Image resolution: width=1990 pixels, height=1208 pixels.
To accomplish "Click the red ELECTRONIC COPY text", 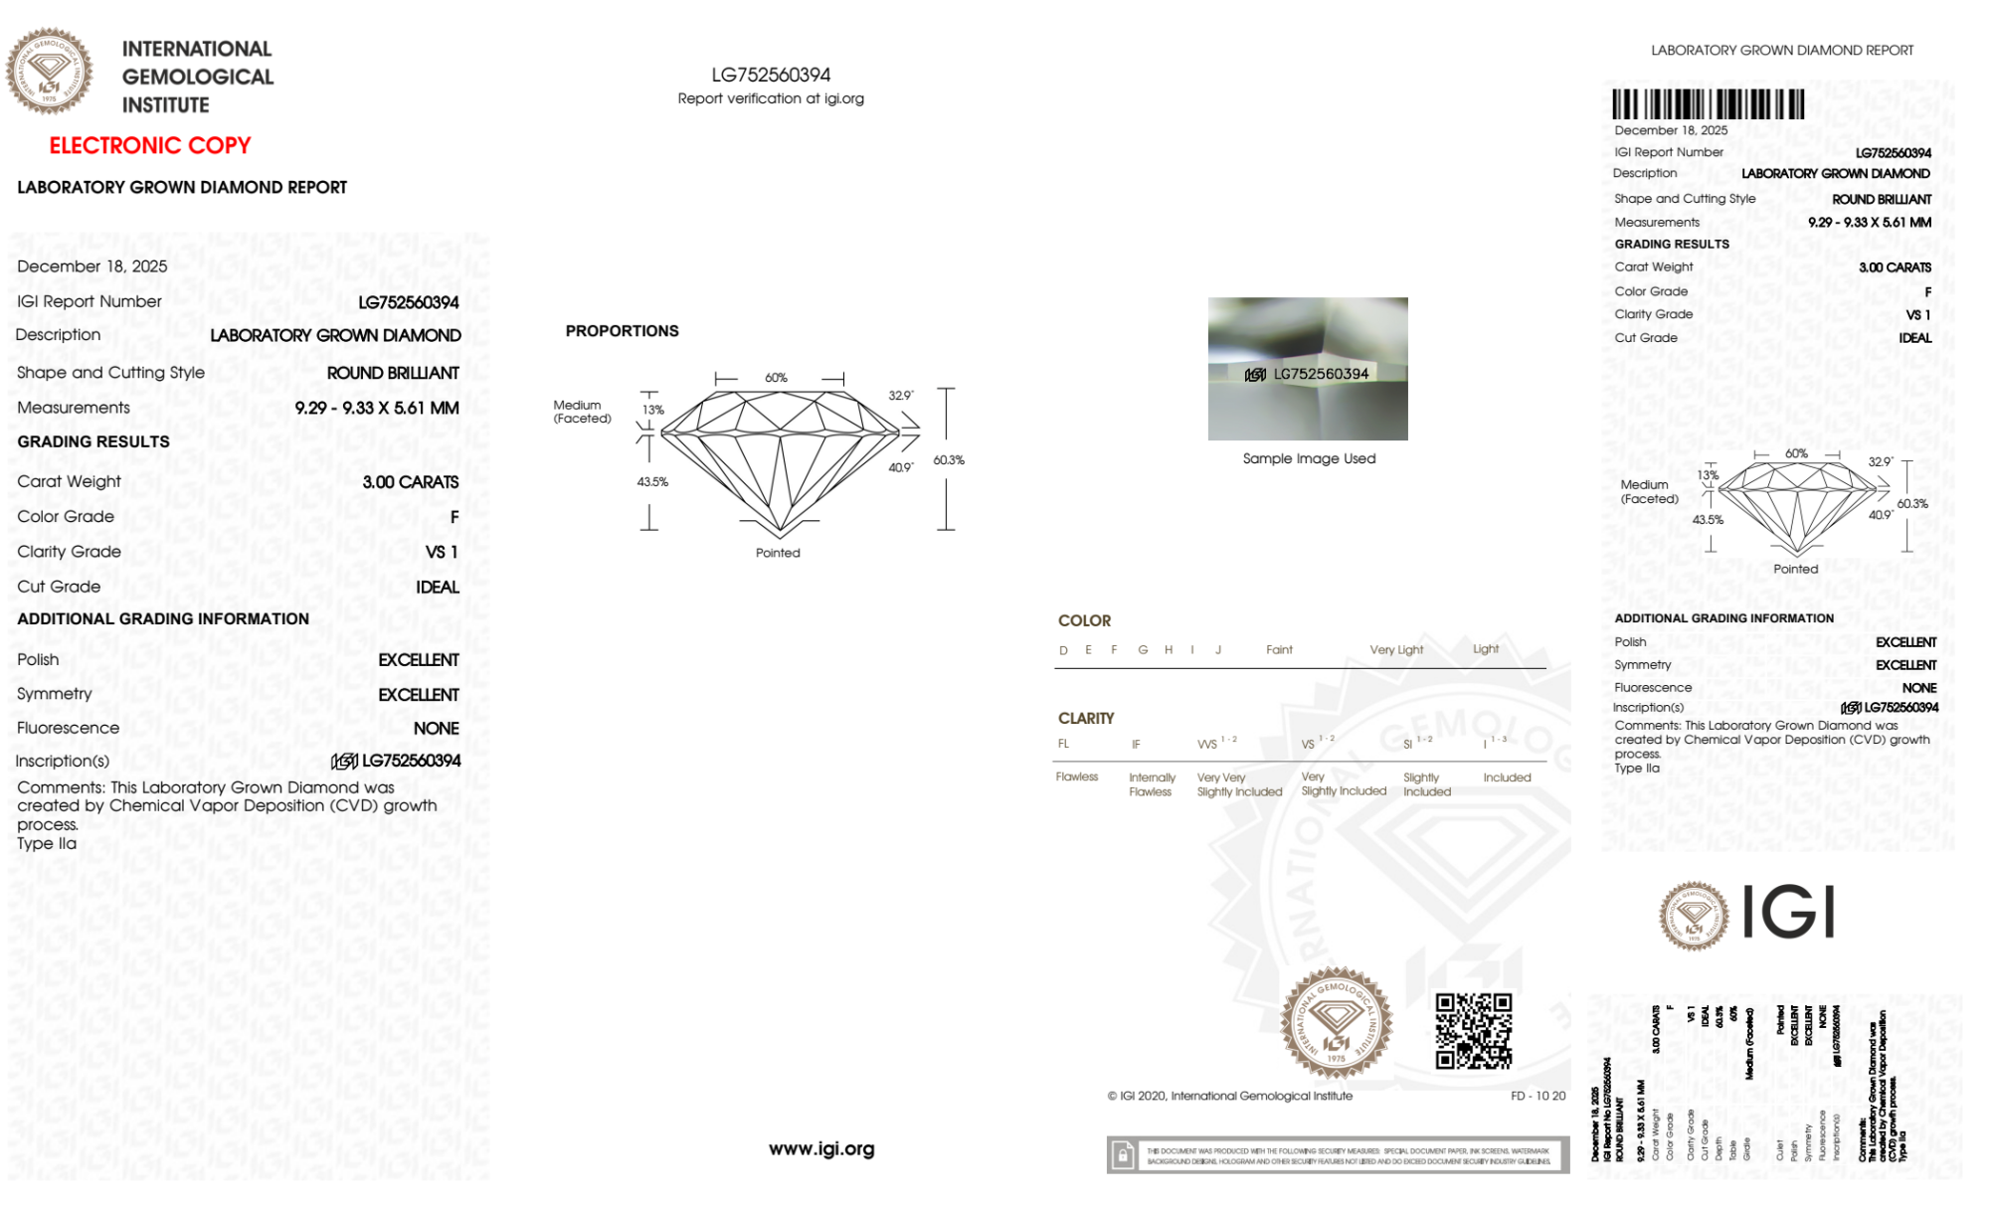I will click(x=150, y=146).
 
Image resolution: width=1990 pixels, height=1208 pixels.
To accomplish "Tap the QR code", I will click(x=1473, y=1031).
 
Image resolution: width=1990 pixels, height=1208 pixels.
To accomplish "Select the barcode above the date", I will click(x=1708, y=104).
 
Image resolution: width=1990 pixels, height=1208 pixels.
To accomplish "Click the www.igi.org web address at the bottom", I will click(x=821, y=1149).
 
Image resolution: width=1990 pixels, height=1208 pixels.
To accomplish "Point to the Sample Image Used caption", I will click(x=1309, y=459).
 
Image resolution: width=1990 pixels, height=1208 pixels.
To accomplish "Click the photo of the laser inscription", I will click(x=1308, y=369).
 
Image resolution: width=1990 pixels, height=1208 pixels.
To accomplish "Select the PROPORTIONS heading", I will click(x=622, y=331).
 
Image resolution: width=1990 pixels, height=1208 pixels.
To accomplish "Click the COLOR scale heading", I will click(x=1084, y=621).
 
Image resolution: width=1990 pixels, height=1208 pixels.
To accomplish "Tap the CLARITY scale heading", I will click(x=1086, y=719).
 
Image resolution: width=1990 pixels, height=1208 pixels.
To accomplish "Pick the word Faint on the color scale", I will click(x=1279, y=650).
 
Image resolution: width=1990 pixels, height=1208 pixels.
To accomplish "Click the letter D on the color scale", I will click(x=1063, y=650).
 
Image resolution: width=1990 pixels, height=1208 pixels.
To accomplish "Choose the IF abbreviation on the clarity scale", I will click(x=1136, y=745).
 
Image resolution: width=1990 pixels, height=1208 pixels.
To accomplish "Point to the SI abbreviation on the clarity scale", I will click(x=1407, y=745).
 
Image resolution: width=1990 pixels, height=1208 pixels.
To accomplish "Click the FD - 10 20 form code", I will click(x=1538, y=1097).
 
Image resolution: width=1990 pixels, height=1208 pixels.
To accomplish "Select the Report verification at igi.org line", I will click(x=771, y=99).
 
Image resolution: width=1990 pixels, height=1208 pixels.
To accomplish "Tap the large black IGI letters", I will click(x=1789, y=913).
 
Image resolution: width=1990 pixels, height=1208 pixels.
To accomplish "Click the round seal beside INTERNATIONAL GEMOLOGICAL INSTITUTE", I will click(x=49, y=72).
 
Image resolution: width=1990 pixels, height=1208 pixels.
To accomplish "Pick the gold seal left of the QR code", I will click(x=1336, y=1023).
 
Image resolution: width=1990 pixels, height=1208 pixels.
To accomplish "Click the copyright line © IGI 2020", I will click(x=1230, y=1097).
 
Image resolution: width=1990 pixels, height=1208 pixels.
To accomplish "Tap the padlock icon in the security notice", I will click(x=1123, y=1156).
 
